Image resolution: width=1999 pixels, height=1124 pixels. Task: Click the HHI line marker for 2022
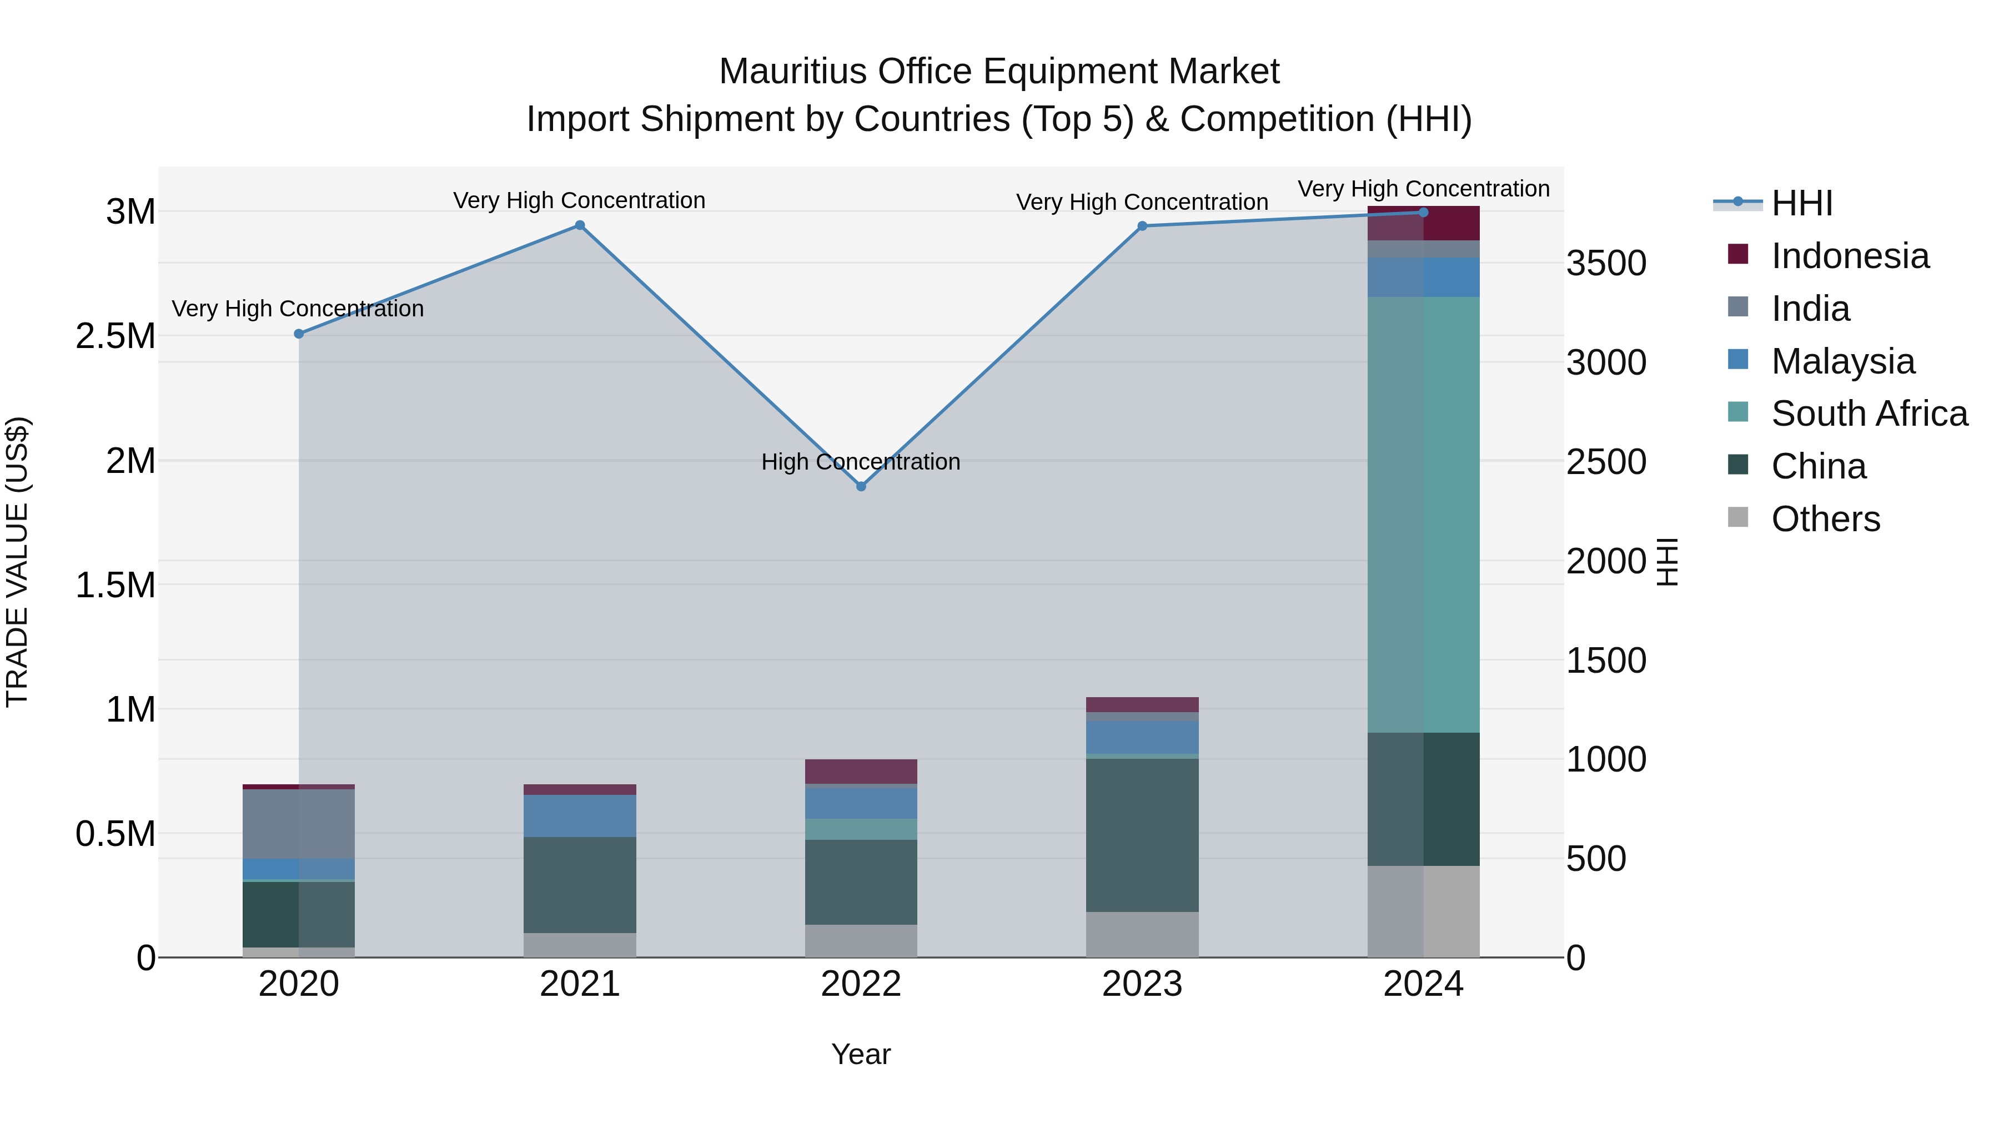point(861,486)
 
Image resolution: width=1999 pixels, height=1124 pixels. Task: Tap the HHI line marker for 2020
point(299,334)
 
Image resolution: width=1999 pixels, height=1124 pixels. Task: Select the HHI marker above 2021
point(580,226)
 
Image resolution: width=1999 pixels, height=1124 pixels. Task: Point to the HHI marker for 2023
point(1142,226)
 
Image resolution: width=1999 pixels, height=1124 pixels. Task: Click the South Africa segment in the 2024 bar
point(1423,515)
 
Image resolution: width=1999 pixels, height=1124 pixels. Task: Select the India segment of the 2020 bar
point(299,824)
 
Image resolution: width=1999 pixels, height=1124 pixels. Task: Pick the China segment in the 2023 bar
point(1142,835)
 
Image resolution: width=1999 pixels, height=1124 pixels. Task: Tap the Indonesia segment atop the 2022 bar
point(861,771)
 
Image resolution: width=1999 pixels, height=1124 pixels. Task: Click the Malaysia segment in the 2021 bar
point(580,816)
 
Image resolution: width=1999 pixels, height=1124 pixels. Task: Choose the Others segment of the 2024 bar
point(1423,911)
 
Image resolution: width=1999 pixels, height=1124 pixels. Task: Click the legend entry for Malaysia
point(1842,361)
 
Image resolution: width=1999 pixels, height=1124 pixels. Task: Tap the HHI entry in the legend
point(1801,203)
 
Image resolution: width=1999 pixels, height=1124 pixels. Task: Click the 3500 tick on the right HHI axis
point(1605,264)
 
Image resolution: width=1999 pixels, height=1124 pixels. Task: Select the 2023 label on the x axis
point(1142,984)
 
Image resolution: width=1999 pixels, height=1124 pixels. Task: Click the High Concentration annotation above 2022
point(861,462)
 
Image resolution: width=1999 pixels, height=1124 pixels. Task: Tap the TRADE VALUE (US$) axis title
point(17,562)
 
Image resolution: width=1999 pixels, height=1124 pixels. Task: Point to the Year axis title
point(861,1054)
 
